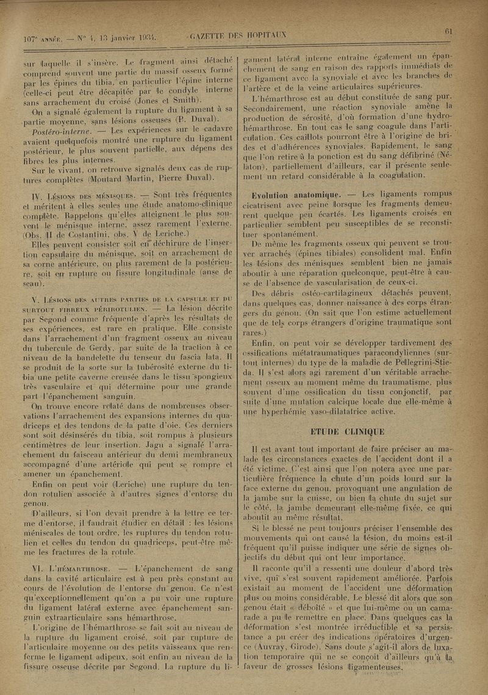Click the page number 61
[x=449, y=31]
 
